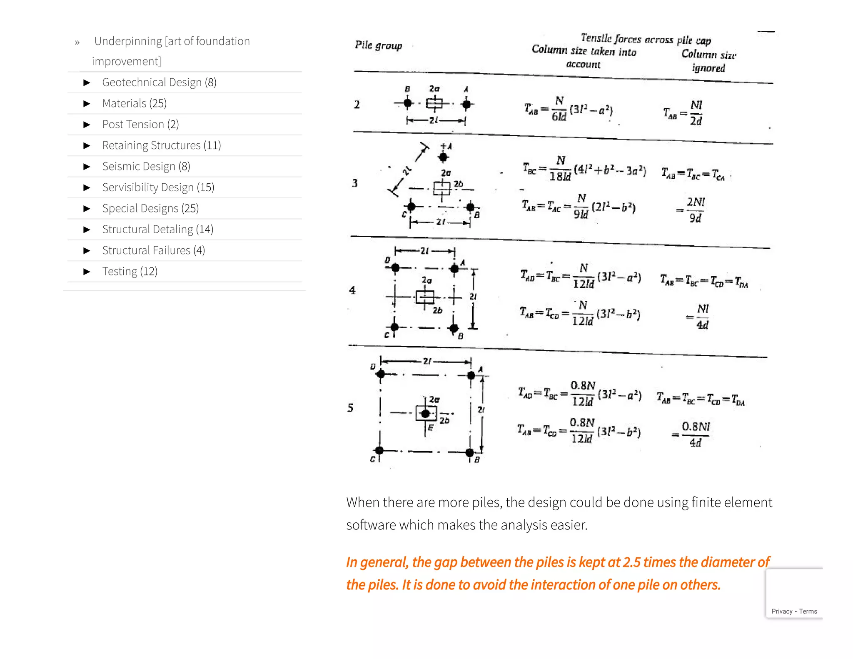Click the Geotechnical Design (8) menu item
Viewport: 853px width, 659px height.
pyautogui.click(x=159, y=82)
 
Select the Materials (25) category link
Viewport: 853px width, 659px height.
pyautogui.click(x=134, y=103)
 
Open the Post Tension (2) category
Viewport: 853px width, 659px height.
pyautogui.click(x=140, y=125)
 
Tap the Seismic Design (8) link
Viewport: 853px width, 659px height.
pyautogui.click(x=146, y=167)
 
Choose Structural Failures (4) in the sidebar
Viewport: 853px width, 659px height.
pyautogui.click(x=153, y=250)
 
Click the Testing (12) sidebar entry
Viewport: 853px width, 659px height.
pyautogui.click(x=130, y=272)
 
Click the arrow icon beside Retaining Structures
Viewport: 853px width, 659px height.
pyautogui.click(x=87, y=145)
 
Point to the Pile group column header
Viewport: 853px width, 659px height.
pyautogui.click(x=378, y=45)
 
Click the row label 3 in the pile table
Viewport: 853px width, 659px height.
pyautogui.click(x=354, y=183)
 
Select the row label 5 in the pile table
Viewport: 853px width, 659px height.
pyautogui.click(x=350, y=408)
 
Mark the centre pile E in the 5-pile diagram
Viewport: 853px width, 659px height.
pyautogui.click(x=425, y=414)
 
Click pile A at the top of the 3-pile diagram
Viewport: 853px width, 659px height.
pyautogui.click(x=443, y=157)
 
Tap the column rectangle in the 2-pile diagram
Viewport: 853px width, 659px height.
pyautogui.click(x=434, y=103)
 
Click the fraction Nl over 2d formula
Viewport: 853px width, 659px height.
pyautogui.click(x=696, y=113)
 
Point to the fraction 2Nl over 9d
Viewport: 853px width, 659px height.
pyautogui.click(x=695, y=210)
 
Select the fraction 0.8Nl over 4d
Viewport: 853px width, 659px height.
pyautogui.click(x=695, y=434)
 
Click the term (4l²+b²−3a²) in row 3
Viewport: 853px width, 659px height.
pyautogui.click(x=610, y=170)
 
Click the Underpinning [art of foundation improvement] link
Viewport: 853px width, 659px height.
pyautogui.click(x=172, y=50)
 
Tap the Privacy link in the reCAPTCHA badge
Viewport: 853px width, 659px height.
pyautogui.click(x=781, y=612)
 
